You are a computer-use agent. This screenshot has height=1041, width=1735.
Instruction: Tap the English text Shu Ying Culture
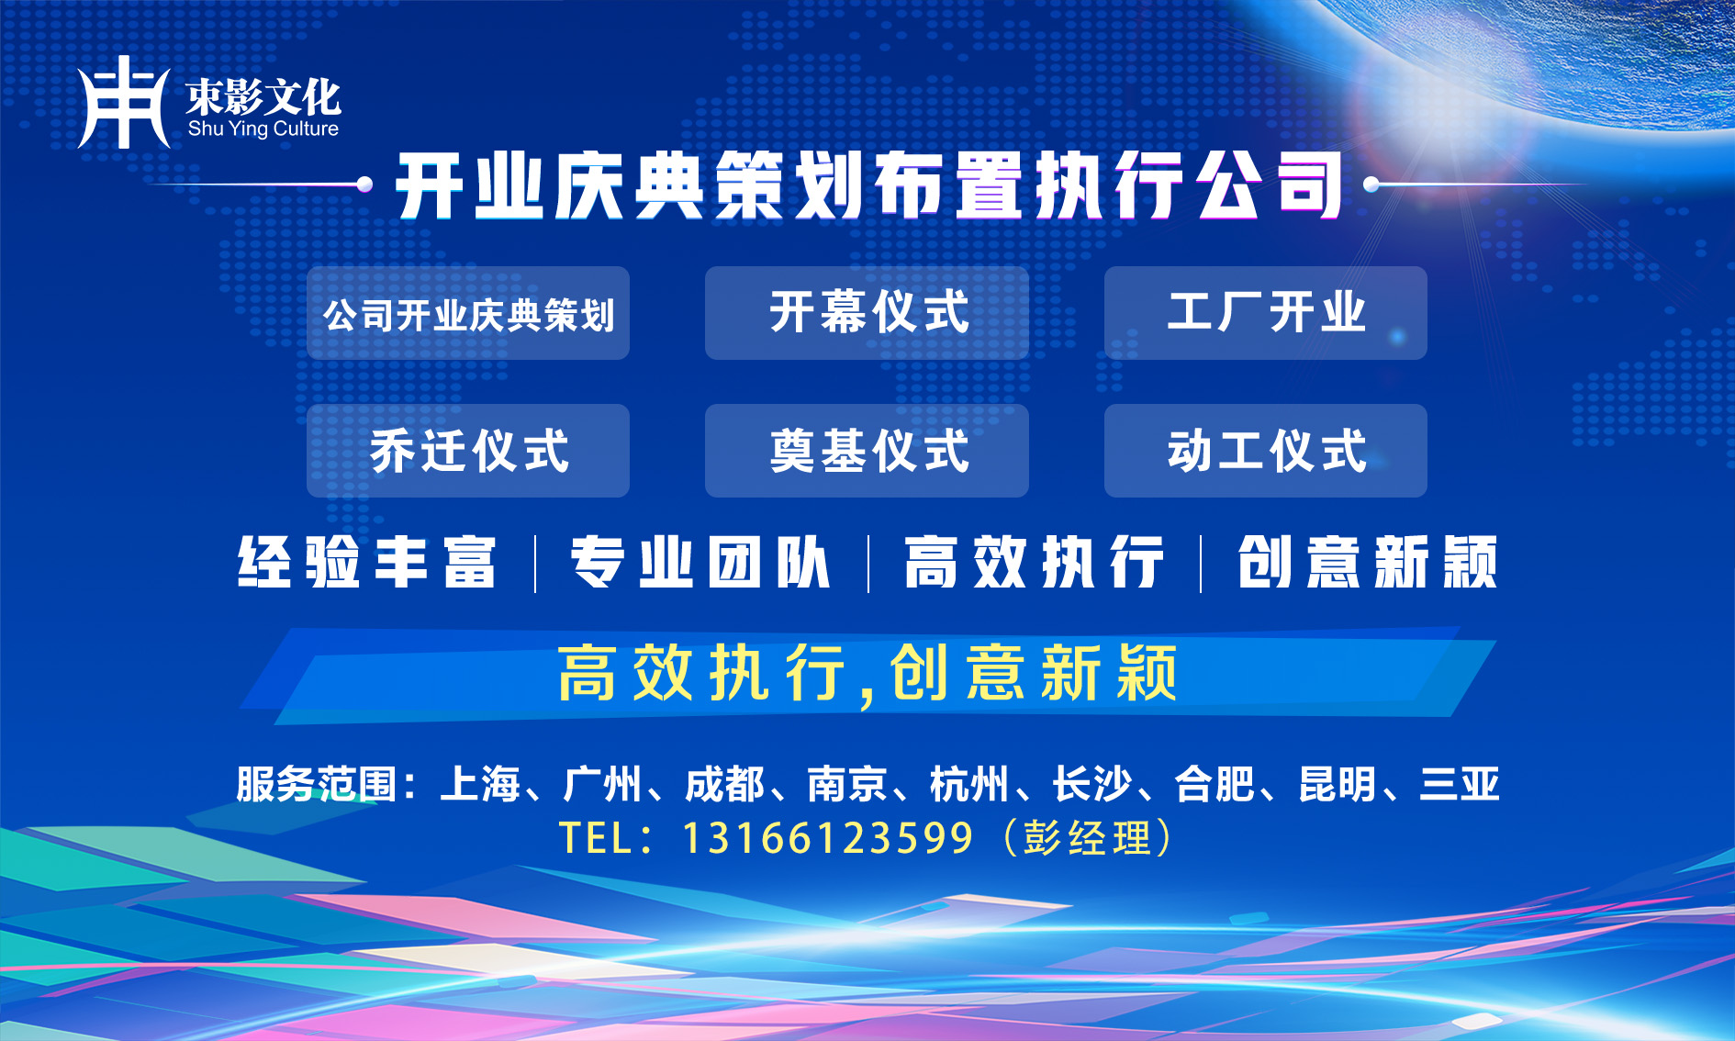coord(263,129)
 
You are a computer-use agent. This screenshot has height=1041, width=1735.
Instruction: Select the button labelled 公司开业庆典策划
coord(468,313)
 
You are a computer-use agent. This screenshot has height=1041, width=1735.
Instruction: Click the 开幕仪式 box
coord(867,313)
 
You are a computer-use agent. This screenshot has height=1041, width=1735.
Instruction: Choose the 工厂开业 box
coord(1266,313)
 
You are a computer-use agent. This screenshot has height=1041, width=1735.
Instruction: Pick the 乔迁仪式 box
coord(468,451)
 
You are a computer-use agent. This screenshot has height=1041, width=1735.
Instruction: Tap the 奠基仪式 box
coord(867,451)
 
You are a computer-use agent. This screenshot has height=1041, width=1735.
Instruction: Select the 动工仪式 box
coord(1266,451)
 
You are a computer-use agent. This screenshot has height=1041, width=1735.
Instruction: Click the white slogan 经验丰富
coord(367,562)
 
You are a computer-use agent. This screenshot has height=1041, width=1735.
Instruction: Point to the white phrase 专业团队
coord(700,562)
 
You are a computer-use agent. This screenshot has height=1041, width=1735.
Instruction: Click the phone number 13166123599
coord(828,838)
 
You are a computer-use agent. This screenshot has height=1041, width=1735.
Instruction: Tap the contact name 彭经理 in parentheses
coord(1088,838)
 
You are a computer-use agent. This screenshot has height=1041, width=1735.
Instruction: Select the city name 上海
coord(480,785)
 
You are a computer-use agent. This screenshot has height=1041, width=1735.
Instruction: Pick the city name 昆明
coord(1338,785)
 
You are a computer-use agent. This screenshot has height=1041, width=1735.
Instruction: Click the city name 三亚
coord(1460,785)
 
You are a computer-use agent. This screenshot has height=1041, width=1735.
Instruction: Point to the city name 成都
coord(725,785)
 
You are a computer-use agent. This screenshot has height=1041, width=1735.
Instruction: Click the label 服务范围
coord(317,785)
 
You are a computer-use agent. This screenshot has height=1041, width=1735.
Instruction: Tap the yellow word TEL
coord(594,838)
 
